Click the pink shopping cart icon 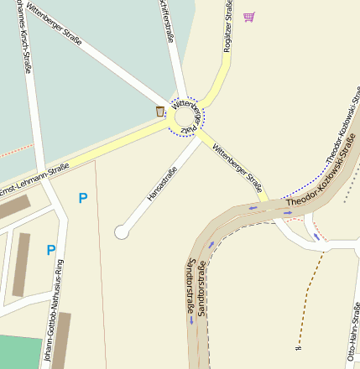coord(248,17)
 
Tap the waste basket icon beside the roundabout coord(159,111)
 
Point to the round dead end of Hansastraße coord(123,231)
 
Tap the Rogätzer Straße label coord(227,27)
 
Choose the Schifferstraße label coord(166,22)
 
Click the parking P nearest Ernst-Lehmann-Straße coord(82,198)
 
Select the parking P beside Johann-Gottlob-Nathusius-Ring coord(51,250)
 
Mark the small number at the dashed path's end coord(298,346)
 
